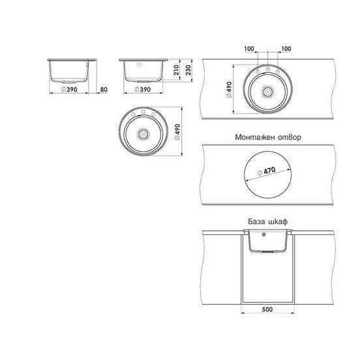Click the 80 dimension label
104,89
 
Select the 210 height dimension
176,70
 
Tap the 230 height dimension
188,70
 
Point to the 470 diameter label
267,172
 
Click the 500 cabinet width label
267,310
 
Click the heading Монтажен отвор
268,138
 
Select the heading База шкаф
267,222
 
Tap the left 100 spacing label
249,49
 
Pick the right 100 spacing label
286,49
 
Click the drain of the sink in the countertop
267,92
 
